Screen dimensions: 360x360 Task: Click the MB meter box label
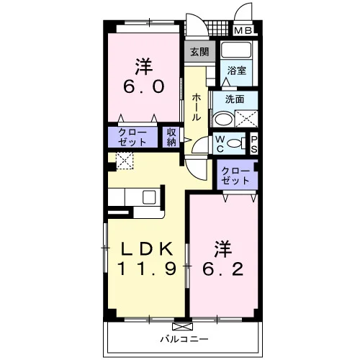(x=243, y=30)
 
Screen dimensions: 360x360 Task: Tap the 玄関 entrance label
(x=199, y=52)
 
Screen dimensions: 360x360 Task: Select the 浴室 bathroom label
(x=236, y=71)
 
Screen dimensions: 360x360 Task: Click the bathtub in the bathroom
(x=236, y=50)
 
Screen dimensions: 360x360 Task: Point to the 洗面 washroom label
(x=235, y=99)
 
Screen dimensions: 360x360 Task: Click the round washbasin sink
(x=223, y=119)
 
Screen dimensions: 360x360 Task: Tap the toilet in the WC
(x=237, y=143)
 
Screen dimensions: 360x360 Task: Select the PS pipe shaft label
(x=254, y=145)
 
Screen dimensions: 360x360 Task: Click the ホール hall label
(x=196, y=107)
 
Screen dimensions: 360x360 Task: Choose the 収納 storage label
(x=171, y=137)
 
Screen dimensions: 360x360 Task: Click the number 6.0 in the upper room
(x=144, y=86)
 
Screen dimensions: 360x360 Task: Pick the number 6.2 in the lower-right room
(x=223, y=269)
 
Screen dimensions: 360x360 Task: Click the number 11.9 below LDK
(x=147, y=269)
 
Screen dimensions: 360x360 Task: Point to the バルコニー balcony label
(x=184, y=339)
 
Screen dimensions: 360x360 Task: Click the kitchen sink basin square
(x=149, y=197)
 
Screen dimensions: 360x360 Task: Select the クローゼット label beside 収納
(x=132, y=138)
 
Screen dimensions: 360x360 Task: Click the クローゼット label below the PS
(x=235, y=176)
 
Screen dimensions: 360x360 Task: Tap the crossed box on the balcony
(x=183, y=327)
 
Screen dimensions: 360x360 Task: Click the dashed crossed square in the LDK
(x=125, y=161)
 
